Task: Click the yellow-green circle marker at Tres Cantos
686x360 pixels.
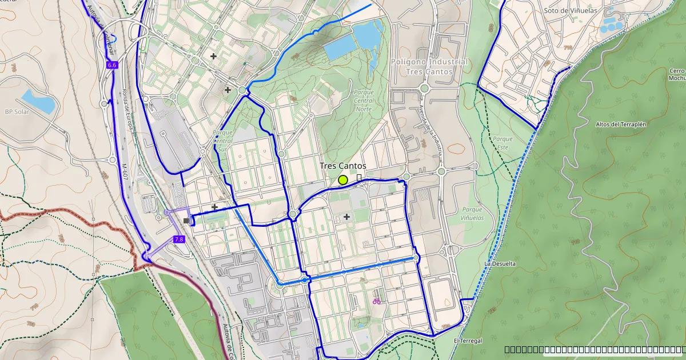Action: click(x=343, y=180)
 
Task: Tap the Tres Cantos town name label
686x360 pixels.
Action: click(x=343, y=166)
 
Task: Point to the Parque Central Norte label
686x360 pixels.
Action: click(x=364, y=100)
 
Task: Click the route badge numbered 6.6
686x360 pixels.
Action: click(x=112, y=65)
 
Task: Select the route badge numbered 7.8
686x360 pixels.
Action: click(x=179, y=239)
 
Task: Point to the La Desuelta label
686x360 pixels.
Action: click(x=500, y=264)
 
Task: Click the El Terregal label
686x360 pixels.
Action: click(x=468, y=341)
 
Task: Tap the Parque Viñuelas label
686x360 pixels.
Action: click(x=472, y=214)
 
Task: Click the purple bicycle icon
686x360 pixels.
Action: click(x=377, y=301)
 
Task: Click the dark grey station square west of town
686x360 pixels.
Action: click(x=186, y=221)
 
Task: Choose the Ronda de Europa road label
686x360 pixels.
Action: click(x=126, y=110)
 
